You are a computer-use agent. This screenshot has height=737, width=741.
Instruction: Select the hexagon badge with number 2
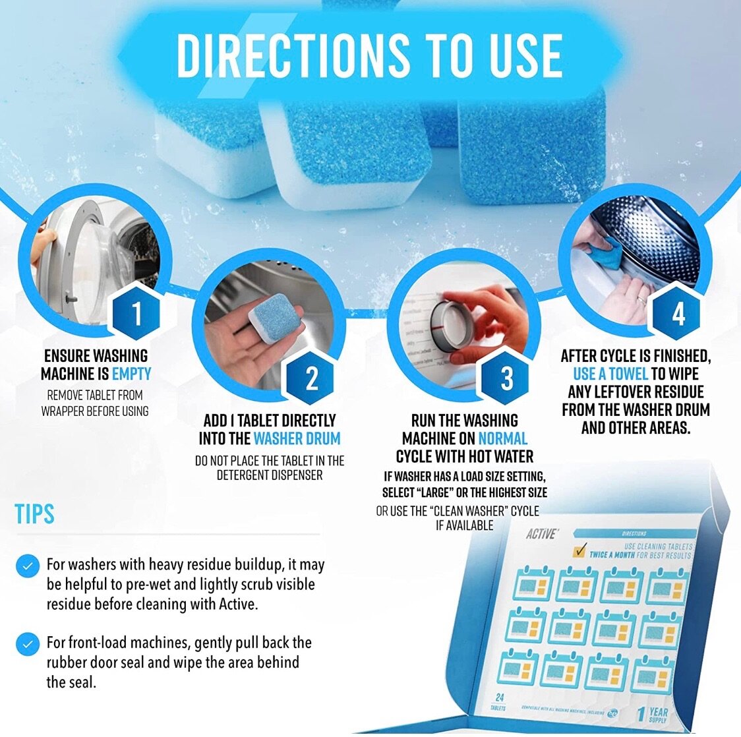click(312, 378)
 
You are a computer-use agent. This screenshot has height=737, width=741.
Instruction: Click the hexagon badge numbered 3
click(506, 378)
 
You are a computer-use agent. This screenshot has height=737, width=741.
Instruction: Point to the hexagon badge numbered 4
click(678, 314)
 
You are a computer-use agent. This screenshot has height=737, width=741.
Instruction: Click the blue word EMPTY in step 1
click(131, 374)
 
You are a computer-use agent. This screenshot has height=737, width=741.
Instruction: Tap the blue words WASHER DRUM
click(297, 438)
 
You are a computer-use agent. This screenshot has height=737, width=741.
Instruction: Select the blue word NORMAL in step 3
click(502, 438)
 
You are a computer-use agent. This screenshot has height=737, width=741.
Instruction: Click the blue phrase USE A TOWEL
click(610, 374)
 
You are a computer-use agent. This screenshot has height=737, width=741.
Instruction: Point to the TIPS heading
click(34, 514)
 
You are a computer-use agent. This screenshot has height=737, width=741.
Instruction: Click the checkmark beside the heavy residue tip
click(27, 566)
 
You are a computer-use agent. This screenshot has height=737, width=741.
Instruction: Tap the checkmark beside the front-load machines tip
click(27, 643)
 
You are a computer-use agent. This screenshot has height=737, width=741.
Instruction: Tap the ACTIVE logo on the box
click(541, 533)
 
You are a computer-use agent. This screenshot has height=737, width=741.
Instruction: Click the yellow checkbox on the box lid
click(581, 550)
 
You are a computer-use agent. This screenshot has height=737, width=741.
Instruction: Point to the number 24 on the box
click(499, 697)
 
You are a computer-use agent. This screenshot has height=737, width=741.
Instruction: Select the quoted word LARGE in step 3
click(436, 492)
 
